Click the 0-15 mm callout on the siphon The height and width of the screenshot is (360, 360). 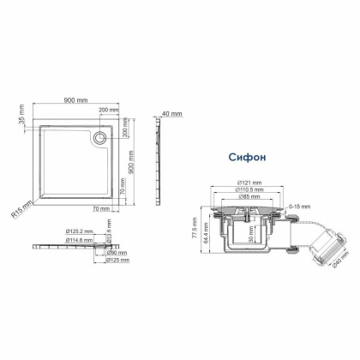pos(300,206)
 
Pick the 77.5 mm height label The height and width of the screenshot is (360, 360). pos(195,230)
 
